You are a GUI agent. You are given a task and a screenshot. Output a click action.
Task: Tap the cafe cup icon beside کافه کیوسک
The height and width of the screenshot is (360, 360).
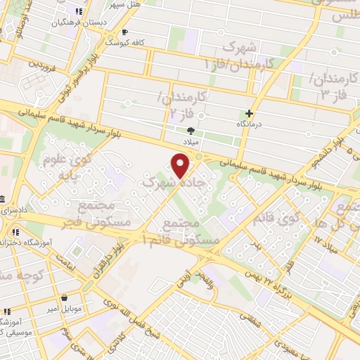[125, 32]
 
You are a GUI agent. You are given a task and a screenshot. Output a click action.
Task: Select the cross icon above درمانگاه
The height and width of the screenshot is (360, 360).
[250, 113]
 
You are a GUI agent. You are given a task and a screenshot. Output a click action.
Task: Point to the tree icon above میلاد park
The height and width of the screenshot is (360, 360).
[191, 130]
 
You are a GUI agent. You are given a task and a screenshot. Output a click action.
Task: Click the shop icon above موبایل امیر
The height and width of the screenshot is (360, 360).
[65, 297]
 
